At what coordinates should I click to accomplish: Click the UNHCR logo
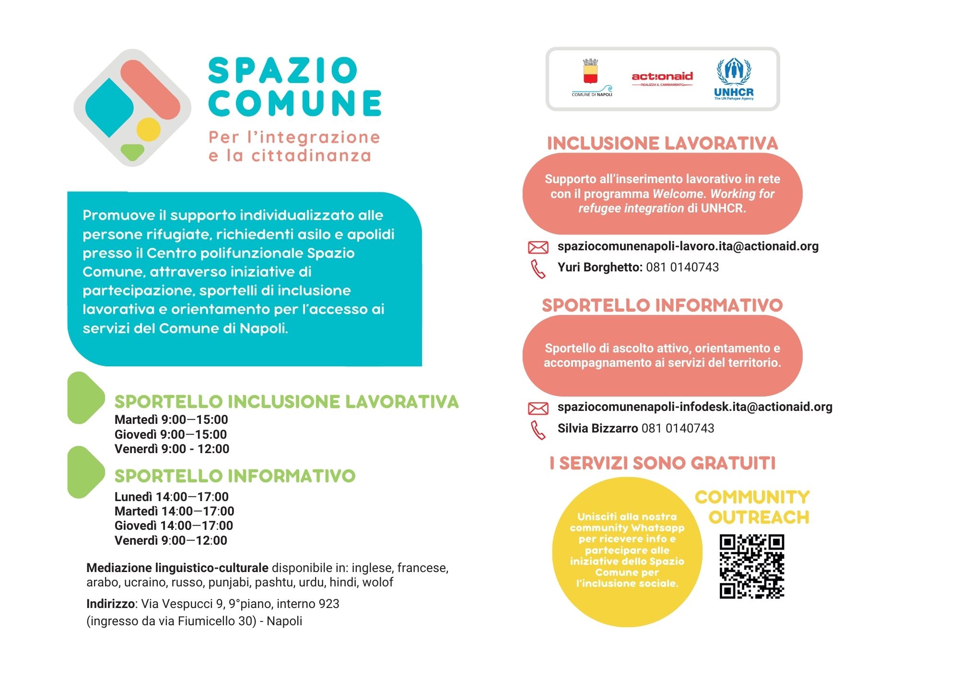point(734,79)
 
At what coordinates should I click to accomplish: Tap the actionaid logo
point(662,78)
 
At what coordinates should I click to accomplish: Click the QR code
point(751,566)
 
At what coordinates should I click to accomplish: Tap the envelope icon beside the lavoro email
point(538,247)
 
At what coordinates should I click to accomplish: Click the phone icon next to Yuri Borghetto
point(538,269)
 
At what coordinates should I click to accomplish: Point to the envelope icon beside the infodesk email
point(538,408)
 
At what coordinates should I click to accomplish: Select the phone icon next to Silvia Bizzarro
point(538,430)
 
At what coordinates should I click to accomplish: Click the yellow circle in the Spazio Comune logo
point(148,129)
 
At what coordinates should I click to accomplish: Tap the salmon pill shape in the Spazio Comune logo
point(150,89)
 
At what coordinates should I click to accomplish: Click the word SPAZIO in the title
point(283,70)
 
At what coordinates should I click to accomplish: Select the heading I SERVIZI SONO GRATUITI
point(662,463)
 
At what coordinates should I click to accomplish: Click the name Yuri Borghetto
point(599,268)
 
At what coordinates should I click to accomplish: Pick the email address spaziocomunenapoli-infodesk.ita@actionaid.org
point(695,407)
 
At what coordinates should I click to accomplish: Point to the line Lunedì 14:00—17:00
point(171,497)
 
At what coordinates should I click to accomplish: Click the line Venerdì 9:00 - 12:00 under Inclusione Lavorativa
point(172,449)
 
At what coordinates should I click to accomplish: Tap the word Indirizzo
point(110,604)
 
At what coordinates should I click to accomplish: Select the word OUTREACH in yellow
point(759,517)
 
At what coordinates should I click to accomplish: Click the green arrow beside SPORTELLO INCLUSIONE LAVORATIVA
point(85,397)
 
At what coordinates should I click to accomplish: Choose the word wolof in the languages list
point(377,583)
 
